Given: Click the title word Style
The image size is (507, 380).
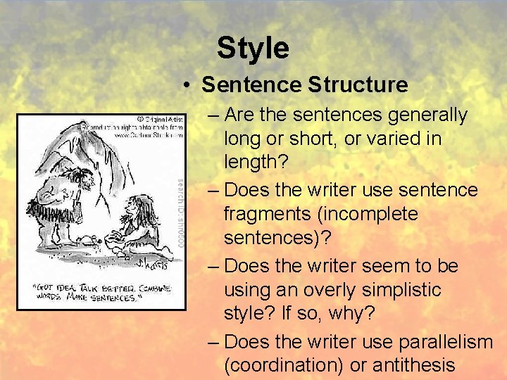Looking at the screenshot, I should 253,48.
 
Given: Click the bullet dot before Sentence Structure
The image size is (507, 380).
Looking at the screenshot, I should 184,85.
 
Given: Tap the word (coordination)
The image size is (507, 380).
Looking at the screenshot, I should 290,365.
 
